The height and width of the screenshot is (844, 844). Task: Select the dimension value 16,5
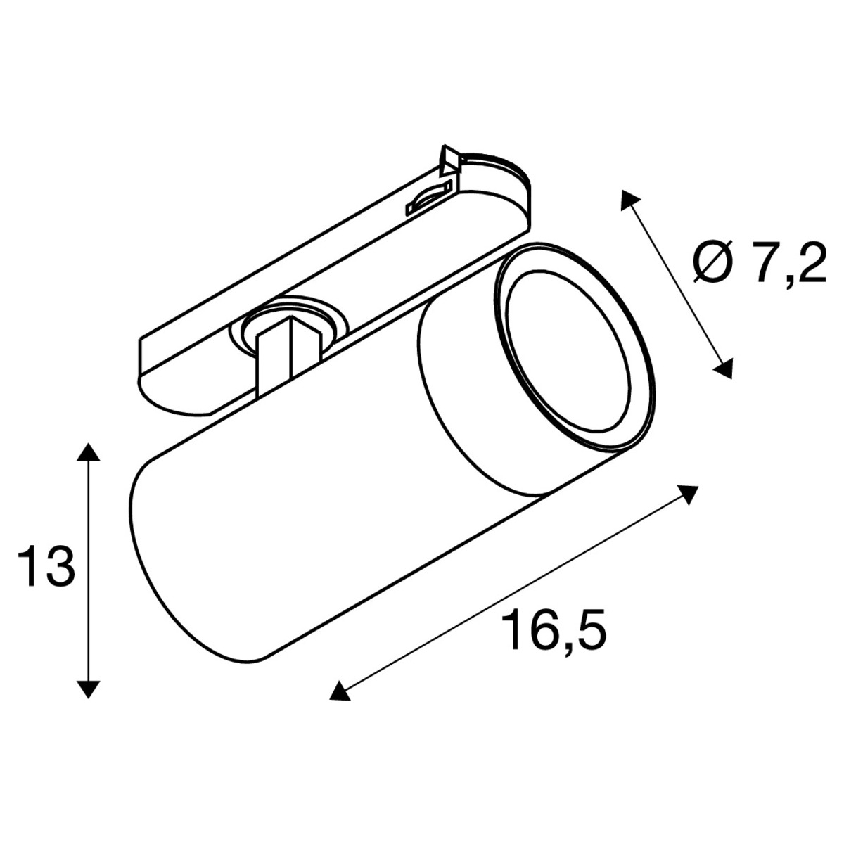pyautogui.click(x=554, y=633)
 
